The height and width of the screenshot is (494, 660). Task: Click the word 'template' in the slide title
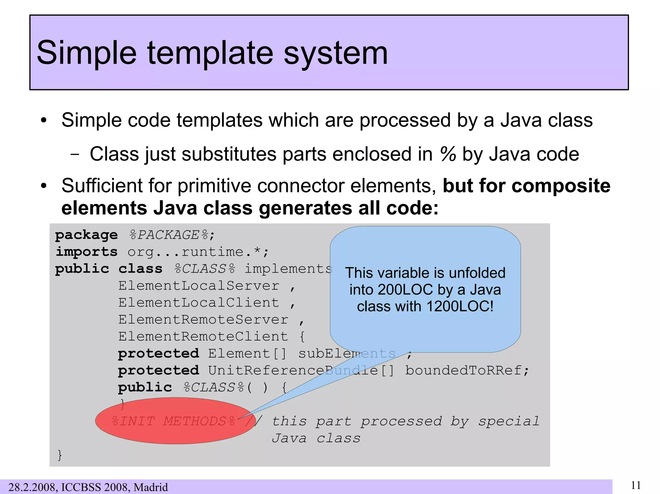[x=211, y=53]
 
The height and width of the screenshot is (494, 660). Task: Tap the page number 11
[x=636, y=485]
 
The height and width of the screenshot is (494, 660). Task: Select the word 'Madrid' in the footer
[x=151, y=487]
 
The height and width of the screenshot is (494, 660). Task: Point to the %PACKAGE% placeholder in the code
[x=169, y=235]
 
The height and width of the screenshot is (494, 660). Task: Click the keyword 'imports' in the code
[x=86, y=252]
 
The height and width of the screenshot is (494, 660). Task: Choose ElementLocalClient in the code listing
[x=199, y=303]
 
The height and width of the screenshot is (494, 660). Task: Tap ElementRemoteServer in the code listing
[x=203, y=320]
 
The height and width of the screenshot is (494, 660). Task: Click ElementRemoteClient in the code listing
[x=203, y=337]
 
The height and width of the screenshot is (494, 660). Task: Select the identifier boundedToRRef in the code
[x=463, y=371]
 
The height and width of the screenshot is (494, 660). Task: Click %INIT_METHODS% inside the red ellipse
[x=173, y=421]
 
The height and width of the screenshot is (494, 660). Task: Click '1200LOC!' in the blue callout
[x=460, y=306]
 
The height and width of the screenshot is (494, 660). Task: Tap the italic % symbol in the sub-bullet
[x=448, y=154]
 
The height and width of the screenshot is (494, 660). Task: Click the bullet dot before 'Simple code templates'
[x=44, y=121]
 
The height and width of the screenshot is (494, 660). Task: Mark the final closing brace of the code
[x=60, y=455]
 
